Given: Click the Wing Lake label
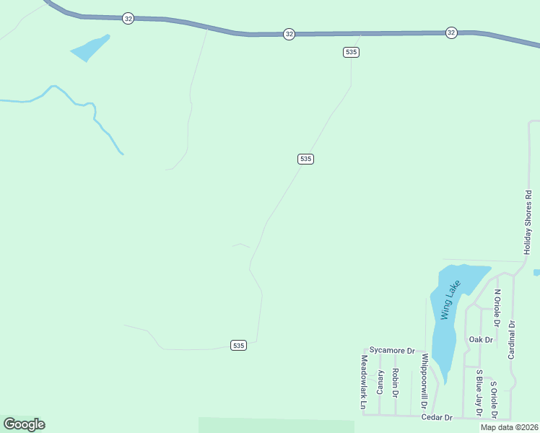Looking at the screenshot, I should point(450,300).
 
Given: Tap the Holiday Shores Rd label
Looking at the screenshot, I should point(527,222).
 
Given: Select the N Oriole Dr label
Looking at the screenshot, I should point(497,305).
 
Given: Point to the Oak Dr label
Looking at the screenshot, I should point(480,339).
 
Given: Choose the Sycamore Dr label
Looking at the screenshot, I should point(391,350).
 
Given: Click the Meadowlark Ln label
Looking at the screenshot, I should point(364,382).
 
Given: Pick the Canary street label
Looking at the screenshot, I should point(380,382).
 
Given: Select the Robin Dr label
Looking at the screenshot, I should point(395,383).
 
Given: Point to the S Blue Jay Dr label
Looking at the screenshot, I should point(478,393).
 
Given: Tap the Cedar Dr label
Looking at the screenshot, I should point(437,417).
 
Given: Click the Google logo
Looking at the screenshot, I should point(24,424).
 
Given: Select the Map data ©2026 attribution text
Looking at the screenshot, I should point(509,427).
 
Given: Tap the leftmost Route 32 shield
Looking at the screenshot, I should point(128,19).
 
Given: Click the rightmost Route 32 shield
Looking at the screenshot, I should point(451,32).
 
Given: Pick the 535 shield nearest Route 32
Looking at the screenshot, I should point(351,52).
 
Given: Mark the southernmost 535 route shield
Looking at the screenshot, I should point(239,346).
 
